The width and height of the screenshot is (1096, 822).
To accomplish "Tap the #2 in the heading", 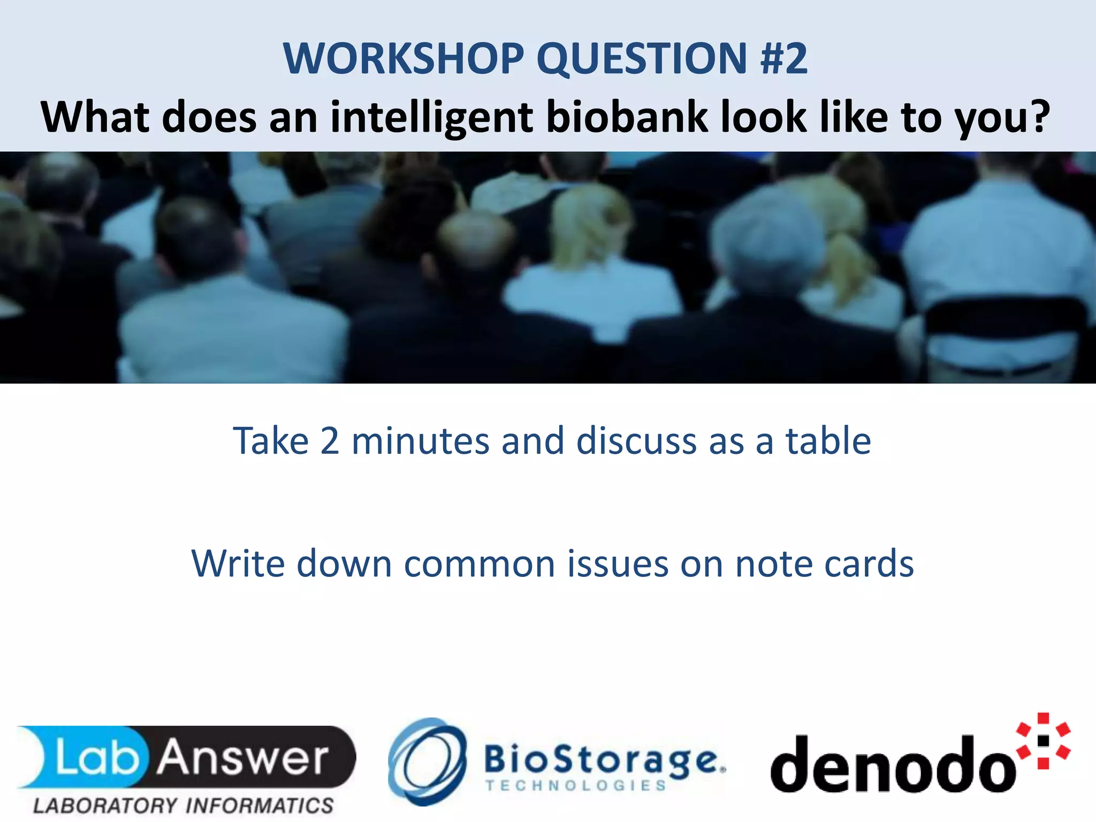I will pyautogui.click(x=783, y=59).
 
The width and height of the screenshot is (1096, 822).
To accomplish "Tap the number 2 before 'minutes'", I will pyautogui.click(x=330, y=442).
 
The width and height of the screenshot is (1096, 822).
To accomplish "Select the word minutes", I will pyautogui.click(x=421, y=442).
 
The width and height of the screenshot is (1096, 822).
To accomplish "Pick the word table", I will pyautogui.click(x=828, y=442).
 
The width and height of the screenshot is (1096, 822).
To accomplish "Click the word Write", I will pyautogui.click(x=239, y=564).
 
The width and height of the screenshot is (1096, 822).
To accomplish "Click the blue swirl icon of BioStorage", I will pyautogui.click(x=427, y=761).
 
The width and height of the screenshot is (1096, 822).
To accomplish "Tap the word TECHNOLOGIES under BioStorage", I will pyautogui.click(x=576, y=786).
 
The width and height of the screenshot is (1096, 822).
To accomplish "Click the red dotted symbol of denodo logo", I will pyautogui.click(x=1043, y=741).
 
